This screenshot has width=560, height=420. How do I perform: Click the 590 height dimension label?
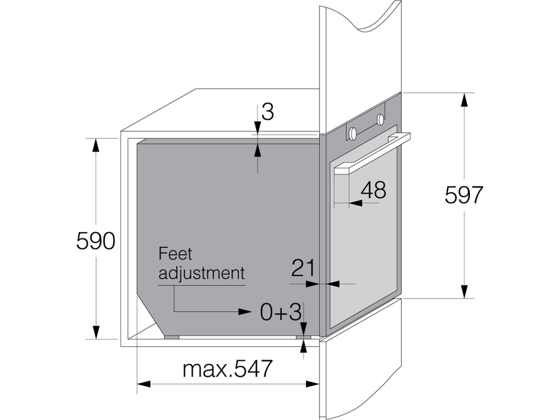pyautogui.click(x=96, y=241)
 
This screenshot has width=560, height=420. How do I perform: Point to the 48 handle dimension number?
pyautogui.click(x=373, y=190)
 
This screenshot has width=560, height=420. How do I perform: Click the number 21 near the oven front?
pyautogui.click(x=303, y=268)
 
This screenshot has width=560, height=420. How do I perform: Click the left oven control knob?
pyautogui.click(x=353, y=133)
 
